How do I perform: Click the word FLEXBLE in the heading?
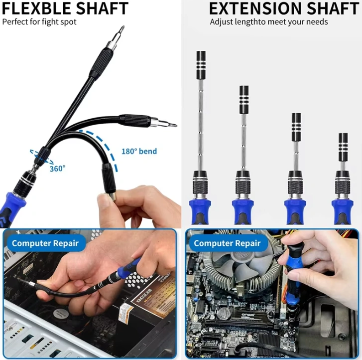pos(37,8)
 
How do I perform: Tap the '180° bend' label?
pos(139,152)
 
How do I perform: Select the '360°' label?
pos(57,169)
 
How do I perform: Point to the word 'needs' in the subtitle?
pos(318,22)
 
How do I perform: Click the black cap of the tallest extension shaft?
pos(201,65)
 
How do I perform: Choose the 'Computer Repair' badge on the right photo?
pos(227,243)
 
